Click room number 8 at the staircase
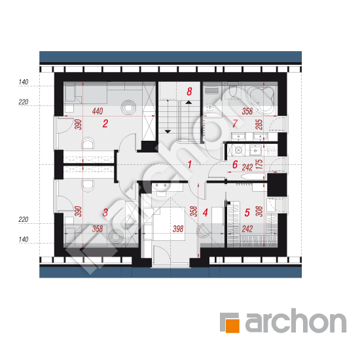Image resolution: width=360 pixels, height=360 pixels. (189, 92)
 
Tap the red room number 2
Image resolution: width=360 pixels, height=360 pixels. (105, 124)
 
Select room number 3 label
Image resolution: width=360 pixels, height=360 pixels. (105, 212)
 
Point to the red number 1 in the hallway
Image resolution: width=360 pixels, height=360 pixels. (189, 164)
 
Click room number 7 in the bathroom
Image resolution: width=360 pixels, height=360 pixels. (234, 124)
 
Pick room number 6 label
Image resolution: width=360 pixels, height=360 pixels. (234, 164)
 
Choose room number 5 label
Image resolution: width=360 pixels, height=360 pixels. (247, 213)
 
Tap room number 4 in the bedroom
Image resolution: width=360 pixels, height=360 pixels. (206, 213)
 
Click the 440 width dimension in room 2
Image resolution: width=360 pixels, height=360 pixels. (98, 111)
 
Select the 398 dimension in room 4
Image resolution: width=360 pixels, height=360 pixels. (178, 228)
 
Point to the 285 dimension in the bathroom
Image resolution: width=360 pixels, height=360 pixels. (259, 124)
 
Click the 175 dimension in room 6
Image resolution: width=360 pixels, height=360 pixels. (259, 164)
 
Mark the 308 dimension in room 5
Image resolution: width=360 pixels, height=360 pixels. (259, 211)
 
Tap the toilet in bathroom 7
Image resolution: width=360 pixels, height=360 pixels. (233, 91)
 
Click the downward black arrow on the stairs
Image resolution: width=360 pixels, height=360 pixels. (168, 132)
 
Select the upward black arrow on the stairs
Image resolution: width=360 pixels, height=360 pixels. (189, 102)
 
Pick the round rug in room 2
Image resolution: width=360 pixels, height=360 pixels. (128, 107)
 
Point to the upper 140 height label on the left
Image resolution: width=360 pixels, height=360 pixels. (24, 82)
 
